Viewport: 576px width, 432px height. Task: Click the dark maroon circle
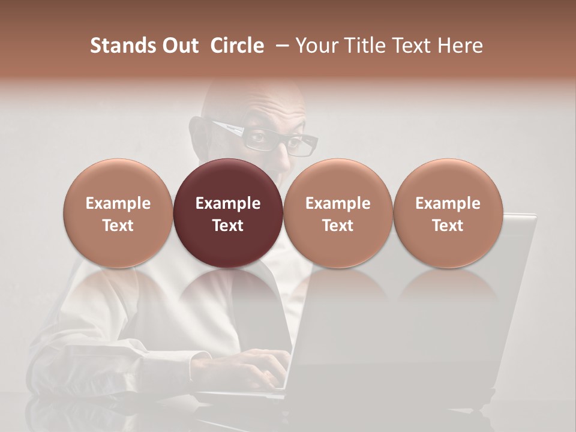[x=228, y=214]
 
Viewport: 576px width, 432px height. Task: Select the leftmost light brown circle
[x=118, y=214]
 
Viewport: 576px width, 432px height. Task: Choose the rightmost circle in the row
[x=448, y=214]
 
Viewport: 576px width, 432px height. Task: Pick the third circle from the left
[x=338, y=214]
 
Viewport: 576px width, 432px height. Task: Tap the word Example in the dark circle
[x=228, y=203]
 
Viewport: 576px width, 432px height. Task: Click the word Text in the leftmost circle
[x=118, y=226]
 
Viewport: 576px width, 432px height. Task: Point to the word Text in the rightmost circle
[x=448, y=226]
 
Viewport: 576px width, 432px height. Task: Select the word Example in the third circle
[x=338, y=203]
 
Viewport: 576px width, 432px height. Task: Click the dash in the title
[x=280, y=46]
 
